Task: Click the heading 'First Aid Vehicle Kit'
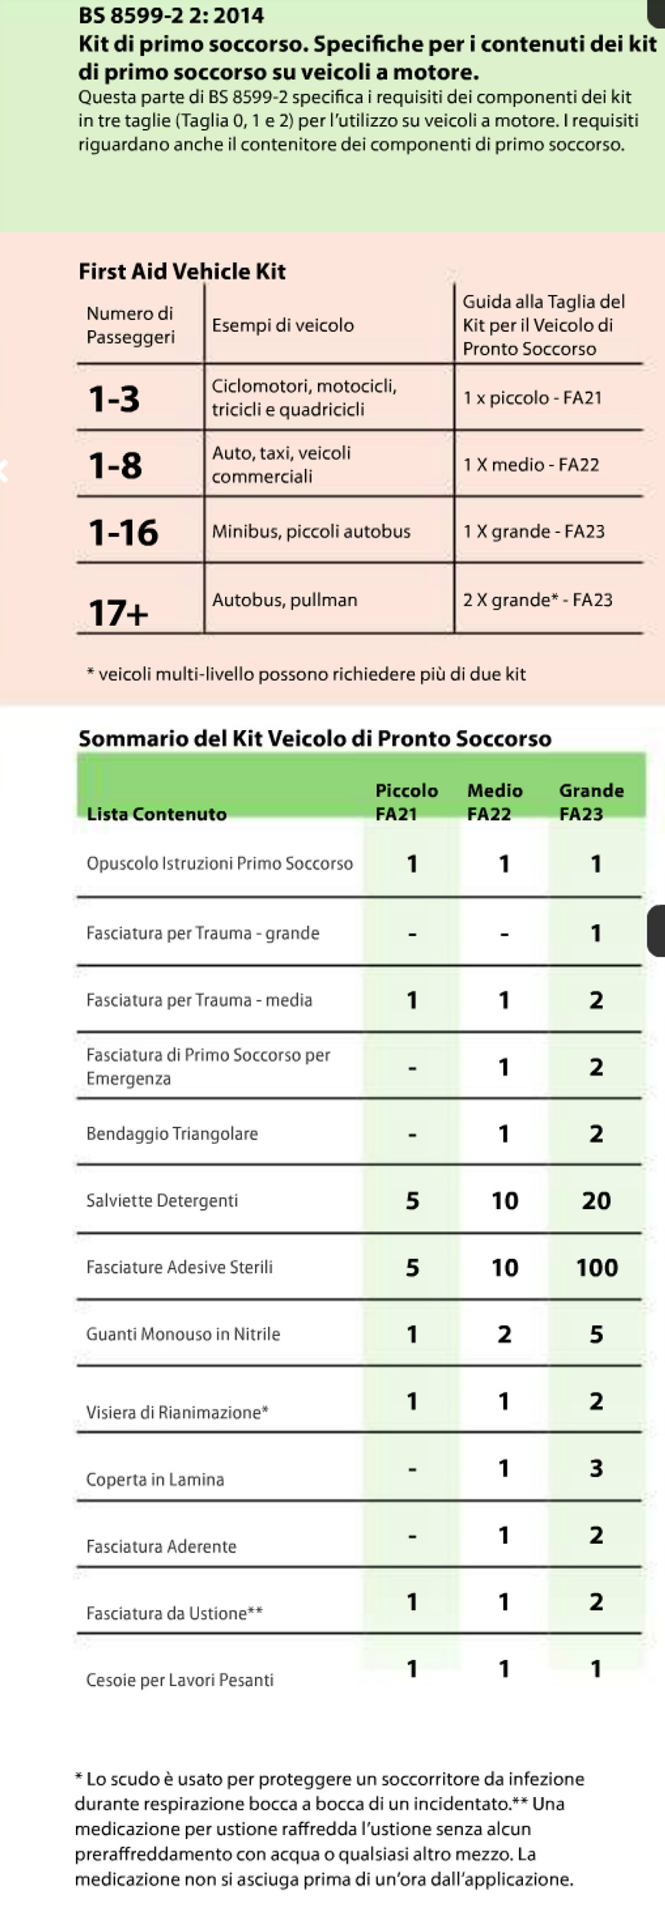pyautogui.click(x=182, y=271)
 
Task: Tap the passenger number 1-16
pyautogui.click(x=123, y=532)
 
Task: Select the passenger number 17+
pyautogui.click(x=118, y=613)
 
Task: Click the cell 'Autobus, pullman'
pyautogui.click(x=285, y=600)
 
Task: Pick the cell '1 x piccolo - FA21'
pyautogui.click(x=532, y=398)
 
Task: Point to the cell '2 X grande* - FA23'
pyautogui.click(x=538, y=600)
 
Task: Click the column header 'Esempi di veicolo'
pyautogui.click(x=283, y=325)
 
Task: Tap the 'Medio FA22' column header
pyautogui.click(x=495, y=802)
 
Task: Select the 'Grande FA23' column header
pyautogui.click(x=591, y=802)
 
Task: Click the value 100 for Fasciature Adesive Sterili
pyautogui.click(x=597, y=1267)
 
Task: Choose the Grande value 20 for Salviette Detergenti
pyautogui.click(x=596, y=1200)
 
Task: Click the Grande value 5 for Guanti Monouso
pyautogui.click(x=596, y=1334)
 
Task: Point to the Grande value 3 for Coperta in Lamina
pyautogui.click(x=596, y=1467)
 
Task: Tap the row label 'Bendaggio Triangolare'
pyautogui.click(x=172, y=1133)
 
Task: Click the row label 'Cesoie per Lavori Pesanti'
pyautogui.click(x=180, y=1680)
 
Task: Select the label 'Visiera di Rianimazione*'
pyautogui.click(x=177, y=1412)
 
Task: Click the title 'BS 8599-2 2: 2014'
pyautogui.click(x=171, y=15)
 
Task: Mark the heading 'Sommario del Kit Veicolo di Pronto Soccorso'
pyautogui.click(x=315, y=738)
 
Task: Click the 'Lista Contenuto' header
pyautogui.click(x=157, y=814)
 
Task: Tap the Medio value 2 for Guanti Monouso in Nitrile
pyautogui.click(x=504, y=1334)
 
